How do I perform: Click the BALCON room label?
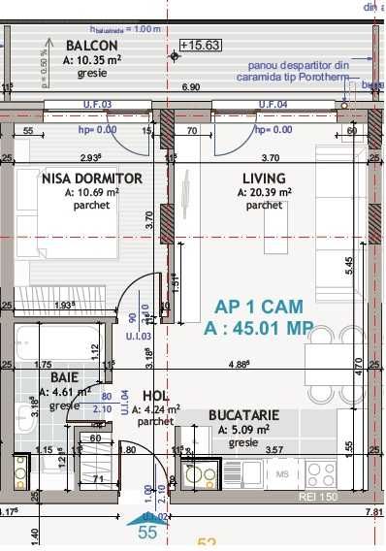(92, 46)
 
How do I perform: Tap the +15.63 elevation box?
(199, 45)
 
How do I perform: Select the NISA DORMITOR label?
(92, 178)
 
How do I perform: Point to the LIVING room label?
(264, 178)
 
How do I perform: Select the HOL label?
(155, 396)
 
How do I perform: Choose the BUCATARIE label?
(243, 415)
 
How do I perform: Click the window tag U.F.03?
(97, 103)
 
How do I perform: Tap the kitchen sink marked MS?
(282, 474)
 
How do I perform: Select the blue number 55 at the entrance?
(147, 533)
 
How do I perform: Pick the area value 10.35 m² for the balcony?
(92, 59)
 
